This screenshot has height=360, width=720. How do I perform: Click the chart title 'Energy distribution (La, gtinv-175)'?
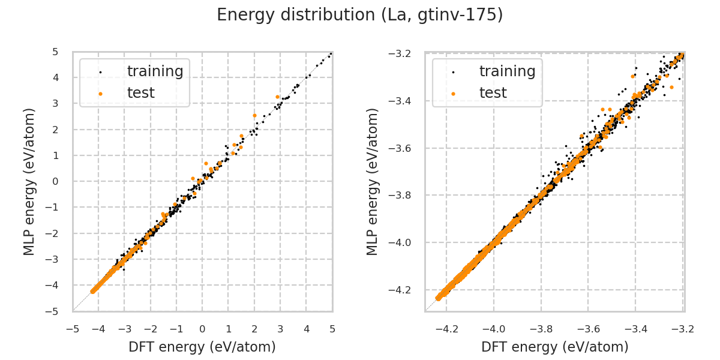click(x=360, y=15)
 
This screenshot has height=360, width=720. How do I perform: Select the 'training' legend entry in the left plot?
click(x=155, y=71)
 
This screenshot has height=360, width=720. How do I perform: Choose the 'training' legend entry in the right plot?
click(x=507, y=71)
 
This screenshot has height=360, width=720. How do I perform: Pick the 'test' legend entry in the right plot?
click(x=493, y=93)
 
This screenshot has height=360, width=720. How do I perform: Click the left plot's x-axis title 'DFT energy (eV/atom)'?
click(x=202, y=347)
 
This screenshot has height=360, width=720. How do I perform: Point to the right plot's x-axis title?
click(x=554, y=347)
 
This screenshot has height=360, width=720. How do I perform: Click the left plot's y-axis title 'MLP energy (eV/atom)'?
click(x=30, y=181)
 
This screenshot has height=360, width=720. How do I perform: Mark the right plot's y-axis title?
click(x=373, y=181)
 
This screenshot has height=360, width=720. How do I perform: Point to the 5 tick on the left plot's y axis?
click(x=55, y=52)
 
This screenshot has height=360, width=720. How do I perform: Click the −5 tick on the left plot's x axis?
click(x=73, y=329)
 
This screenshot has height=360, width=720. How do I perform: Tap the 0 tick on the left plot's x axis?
click(x=202, y=329)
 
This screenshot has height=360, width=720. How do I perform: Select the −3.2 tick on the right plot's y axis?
click(x=400, y=54)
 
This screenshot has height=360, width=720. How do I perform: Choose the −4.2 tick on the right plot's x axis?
click(x=447, y=329)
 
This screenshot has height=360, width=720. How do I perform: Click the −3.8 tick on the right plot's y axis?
click(x=400, y=196)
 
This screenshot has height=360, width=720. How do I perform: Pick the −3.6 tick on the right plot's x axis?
click(x=588, y=329)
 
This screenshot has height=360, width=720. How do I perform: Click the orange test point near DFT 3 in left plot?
click(x=277, y=97)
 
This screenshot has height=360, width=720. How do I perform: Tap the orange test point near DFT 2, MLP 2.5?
click(x=254, y=115)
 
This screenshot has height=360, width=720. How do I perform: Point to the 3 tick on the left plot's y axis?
click(x=55, y=104)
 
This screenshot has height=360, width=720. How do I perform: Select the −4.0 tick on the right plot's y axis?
click(x=400, y=243)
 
